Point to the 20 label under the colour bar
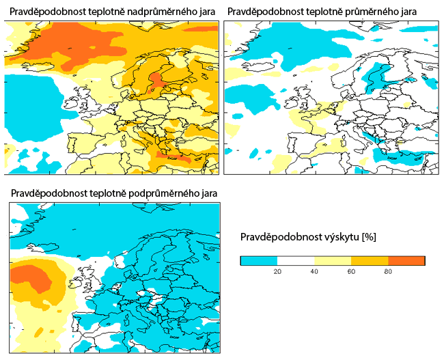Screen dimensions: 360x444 click(277, 272)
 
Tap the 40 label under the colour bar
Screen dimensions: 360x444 click(314, 272)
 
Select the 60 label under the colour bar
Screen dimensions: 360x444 click(350, 272)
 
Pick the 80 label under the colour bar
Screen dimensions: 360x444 click(387, 272)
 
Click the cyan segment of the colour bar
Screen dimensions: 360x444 click(259, 260)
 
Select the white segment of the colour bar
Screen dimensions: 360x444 click(295, 260)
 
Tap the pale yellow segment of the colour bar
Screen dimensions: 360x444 click(332, 260)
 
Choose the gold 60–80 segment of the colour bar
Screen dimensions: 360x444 click(369, 260)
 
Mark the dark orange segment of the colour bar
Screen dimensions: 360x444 click(406, 260)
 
